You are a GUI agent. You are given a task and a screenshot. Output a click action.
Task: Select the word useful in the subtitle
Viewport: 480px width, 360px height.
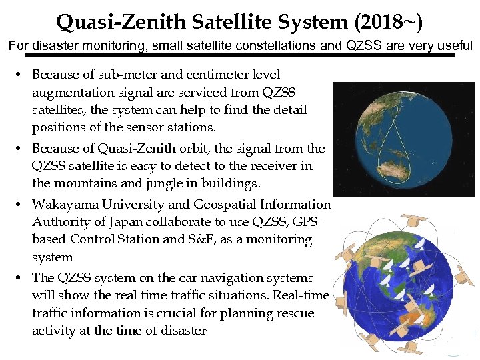point(453,47)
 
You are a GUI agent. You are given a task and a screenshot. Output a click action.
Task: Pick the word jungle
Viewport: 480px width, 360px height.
point(166,183)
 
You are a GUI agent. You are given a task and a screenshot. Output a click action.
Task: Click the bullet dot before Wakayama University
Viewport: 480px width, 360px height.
point(23,205)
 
